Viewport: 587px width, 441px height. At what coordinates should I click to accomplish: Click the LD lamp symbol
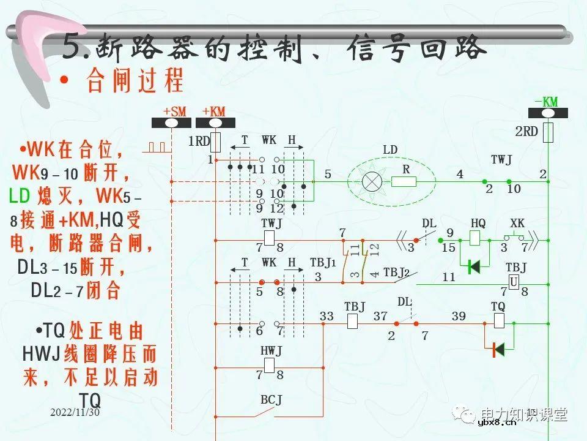coord(371,181)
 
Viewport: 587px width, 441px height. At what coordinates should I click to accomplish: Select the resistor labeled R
coord(404,181)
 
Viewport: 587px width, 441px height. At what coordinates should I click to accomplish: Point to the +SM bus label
coord(174,111)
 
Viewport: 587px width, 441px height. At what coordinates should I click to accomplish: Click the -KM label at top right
coord(545,102)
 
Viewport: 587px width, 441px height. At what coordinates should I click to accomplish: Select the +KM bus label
coord(214,111)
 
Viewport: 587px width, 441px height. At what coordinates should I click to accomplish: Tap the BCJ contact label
coord(271,400)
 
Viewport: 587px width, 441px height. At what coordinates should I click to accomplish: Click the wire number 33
coord(327,316)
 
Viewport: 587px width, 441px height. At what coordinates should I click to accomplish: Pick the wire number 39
coord(459,316)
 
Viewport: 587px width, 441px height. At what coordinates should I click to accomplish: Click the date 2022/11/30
coord(75,413)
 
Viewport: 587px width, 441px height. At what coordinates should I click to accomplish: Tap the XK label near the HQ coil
coord(517,224)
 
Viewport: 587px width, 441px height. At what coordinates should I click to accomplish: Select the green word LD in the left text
coord(20,196)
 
